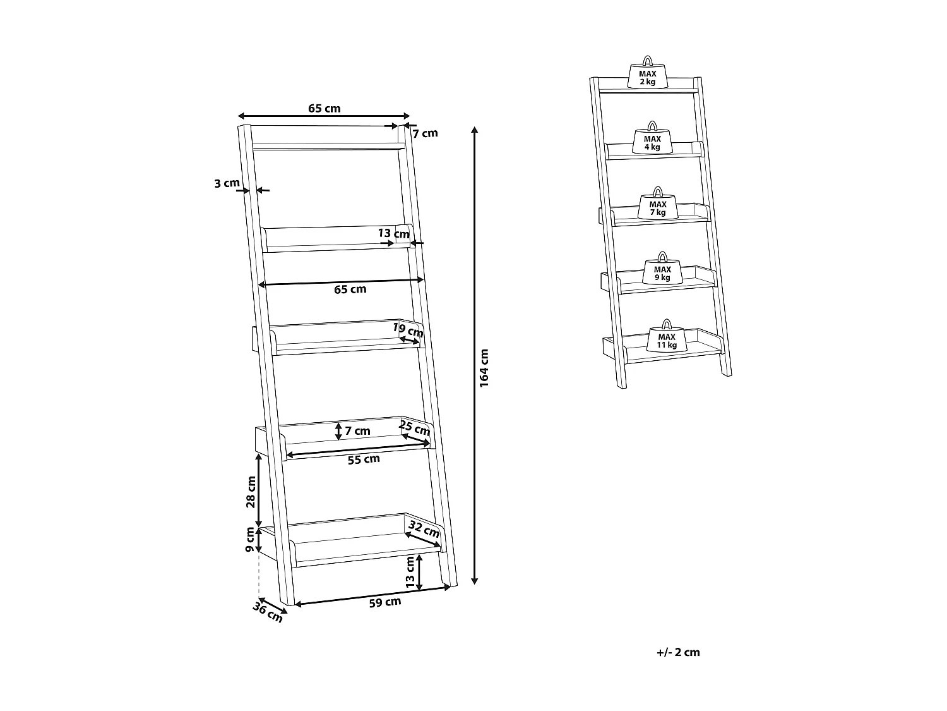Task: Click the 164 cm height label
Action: (x=484, y=367)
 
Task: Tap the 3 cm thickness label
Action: (x=227, y=184)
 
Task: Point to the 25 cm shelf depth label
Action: (x=415, y=428)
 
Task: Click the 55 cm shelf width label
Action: (x=364, y=459)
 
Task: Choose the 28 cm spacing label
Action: (x=251, y=492)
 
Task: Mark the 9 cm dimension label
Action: (x=251, y=540)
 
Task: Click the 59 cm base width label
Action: (x=385, y=602)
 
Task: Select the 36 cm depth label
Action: (x=268, y=612)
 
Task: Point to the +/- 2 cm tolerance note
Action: (x=678, y=652)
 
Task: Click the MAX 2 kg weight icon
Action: (x=647, y=73)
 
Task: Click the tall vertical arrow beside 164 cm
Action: (x=475, y=354)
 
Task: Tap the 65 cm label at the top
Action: (x=324, y=108)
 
